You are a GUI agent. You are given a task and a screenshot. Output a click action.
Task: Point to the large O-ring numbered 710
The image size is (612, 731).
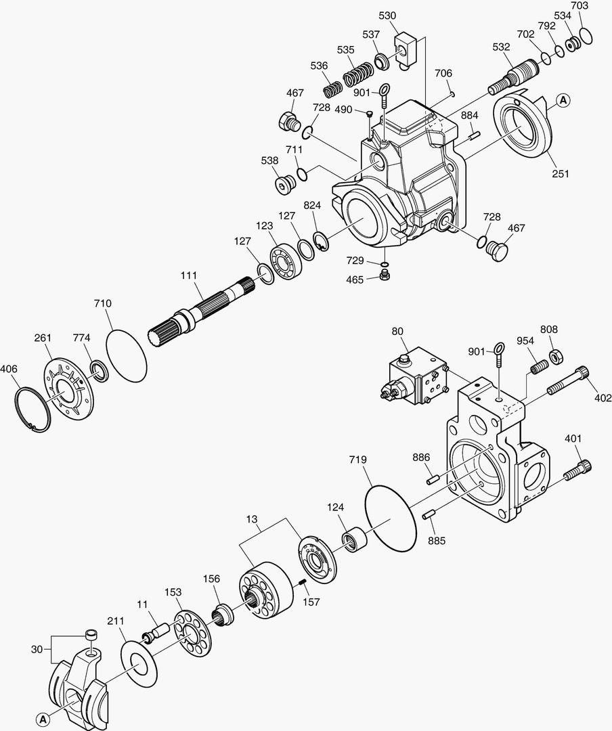(127, 350)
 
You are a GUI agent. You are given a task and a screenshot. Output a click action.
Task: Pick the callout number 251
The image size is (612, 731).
(560, 174)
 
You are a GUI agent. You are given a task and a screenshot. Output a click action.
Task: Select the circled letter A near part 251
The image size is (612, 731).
(563, 101)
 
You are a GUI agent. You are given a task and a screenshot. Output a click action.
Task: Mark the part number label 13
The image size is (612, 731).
(252, 519)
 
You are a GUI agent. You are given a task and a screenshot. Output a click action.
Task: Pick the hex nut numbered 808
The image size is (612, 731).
(556, 355)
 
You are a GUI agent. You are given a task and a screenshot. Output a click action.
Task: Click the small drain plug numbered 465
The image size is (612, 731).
(385, 275)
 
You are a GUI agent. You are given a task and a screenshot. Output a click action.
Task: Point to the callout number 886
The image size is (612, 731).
(421, 458)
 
